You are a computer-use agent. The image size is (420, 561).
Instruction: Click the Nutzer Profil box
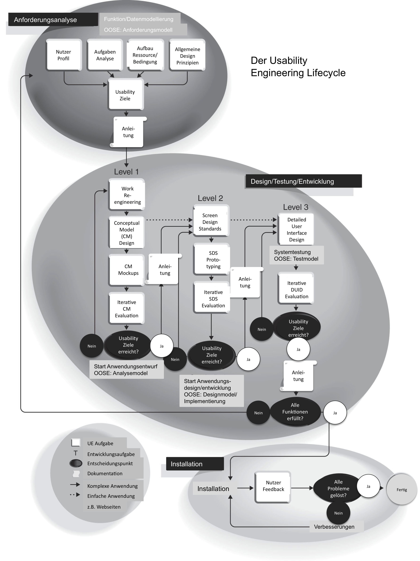tap(63, 55)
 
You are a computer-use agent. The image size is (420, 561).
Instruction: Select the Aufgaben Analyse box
tap(105, 55)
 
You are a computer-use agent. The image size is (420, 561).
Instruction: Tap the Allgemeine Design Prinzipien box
tap(187, 55)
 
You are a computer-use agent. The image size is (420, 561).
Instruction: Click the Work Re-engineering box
tap(127, 195)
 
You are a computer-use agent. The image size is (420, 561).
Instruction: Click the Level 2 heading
tap(210, 198)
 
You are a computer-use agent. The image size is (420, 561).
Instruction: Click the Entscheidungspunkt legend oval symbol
tap(76, 463)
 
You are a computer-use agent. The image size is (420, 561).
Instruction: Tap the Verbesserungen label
tap(334, 527)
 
